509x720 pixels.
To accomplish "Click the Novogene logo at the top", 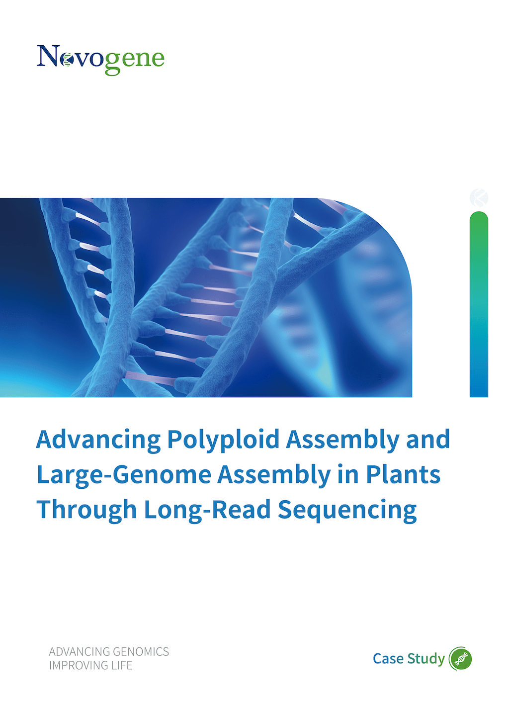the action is [x=100, y=60].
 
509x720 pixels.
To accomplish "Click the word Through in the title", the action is [x=87, y=511].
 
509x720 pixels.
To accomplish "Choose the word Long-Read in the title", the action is [x=207, y=511].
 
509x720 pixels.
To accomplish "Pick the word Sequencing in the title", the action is [x=347, y=511].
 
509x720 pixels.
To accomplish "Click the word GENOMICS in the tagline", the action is [x=141, y=651].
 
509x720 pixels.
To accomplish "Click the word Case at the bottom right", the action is [x=388, y=659].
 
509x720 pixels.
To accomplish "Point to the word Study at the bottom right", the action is [x=426, y=659].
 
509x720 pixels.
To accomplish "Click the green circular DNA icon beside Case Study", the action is [x=460, y=659].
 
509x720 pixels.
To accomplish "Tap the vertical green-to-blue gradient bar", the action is [x=479, y=304].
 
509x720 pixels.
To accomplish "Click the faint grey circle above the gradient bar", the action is [x=479, y=198].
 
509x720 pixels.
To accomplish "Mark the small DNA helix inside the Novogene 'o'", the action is [x=68, y=60].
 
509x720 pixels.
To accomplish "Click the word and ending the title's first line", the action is [x=428, y=439].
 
